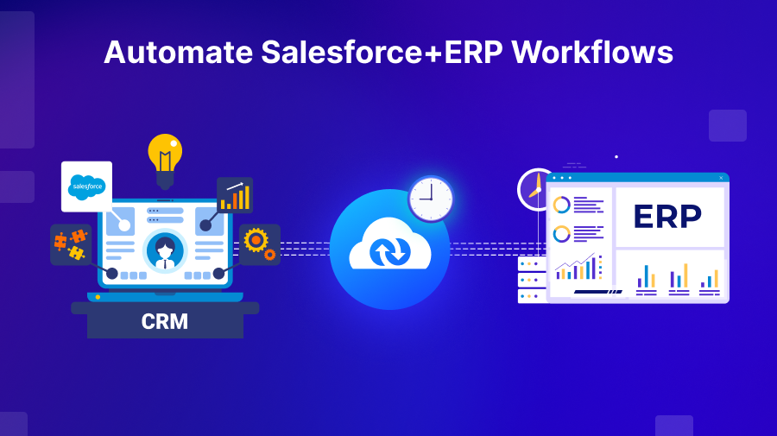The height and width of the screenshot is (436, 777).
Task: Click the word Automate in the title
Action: tap(177, 53)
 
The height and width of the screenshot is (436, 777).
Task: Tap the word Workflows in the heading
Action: tap(592, 53)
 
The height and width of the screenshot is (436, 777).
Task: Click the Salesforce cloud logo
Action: tap(86, 186)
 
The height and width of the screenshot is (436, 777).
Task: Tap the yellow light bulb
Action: tap(164, 159)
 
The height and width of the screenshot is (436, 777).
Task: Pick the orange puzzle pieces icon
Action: tap(70, 244)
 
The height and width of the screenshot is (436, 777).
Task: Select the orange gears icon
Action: tap(258, 243)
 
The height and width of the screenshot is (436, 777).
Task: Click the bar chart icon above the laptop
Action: tap(234, 196)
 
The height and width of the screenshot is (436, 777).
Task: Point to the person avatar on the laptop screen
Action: tap(164, 250)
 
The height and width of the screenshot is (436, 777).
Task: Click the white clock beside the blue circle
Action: tap(431, 199)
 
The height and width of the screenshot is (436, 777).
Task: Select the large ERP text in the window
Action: tap(667, 217)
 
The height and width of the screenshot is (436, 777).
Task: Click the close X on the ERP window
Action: tap(721, 178)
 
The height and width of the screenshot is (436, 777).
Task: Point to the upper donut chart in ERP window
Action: tap(562, 205)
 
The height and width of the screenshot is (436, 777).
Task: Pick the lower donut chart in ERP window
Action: tap(562, 234)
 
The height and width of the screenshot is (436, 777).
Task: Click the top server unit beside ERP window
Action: tap(532, 264)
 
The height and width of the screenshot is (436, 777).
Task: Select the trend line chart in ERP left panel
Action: tap(577, 268)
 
